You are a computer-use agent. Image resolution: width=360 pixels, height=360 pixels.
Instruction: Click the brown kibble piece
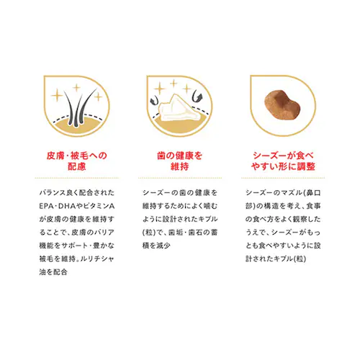(282, 105)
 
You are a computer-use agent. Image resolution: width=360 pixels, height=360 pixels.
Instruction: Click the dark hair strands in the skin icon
(79, 107)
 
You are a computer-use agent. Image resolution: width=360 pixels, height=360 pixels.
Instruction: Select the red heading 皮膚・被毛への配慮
(77, 161)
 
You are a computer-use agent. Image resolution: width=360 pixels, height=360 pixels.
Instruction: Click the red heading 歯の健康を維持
(180, 161)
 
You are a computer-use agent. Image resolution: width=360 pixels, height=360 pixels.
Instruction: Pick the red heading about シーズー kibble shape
(283, 161)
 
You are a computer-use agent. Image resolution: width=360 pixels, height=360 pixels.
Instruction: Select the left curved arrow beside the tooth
(154, 100)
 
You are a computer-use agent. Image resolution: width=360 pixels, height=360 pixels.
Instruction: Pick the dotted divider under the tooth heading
(180, 178)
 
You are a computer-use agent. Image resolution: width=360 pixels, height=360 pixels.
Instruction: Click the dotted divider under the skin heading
(77, 178)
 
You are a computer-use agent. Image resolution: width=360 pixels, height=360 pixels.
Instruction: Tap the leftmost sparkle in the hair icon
(57, 96)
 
